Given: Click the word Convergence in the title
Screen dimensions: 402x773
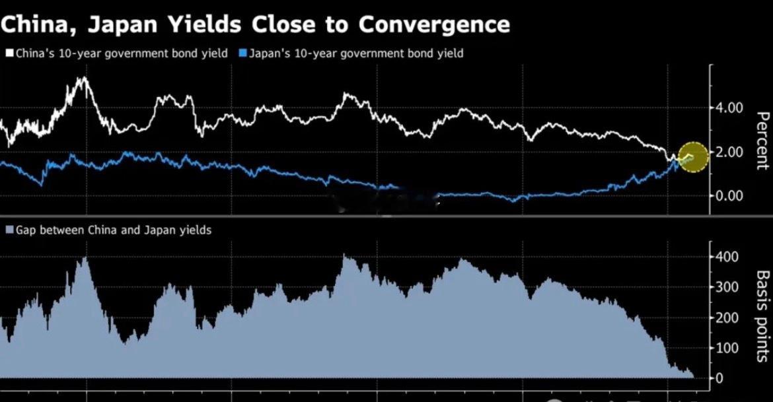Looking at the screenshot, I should (434, 24).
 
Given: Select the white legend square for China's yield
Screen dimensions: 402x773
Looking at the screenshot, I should (9, 53).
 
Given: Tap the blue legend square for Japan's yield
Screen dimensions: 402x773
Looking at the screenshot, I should (242, 53).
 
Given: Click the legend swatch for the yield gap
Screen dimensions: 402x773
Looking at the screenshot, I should (9, 230).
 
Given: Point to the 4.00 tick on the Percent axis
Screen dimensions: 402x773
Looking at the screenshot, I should (729, 108).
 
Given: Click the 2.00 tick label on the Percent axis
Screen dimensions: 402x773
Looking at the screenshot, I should (729, 152).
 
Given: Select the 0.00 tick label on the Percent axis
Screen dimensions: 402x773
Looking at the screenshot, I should (729, 195).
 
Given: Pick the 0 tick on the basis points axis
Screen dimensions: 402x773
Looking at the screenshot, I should (720, 378).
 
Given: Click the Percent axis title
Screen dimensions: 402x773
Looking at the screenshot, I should (762, 141).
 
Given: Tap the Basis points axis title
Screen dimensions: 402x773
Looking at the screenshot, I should (762, 317).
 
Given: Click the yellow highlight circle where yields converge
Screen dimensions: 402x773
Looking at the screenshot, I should (693, 157).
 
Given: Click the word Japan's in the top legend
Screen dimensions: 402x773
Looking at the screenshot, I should (267, 53).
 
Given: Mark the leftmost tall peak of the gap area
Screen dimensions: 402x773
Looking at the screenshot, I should (84, 259).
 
